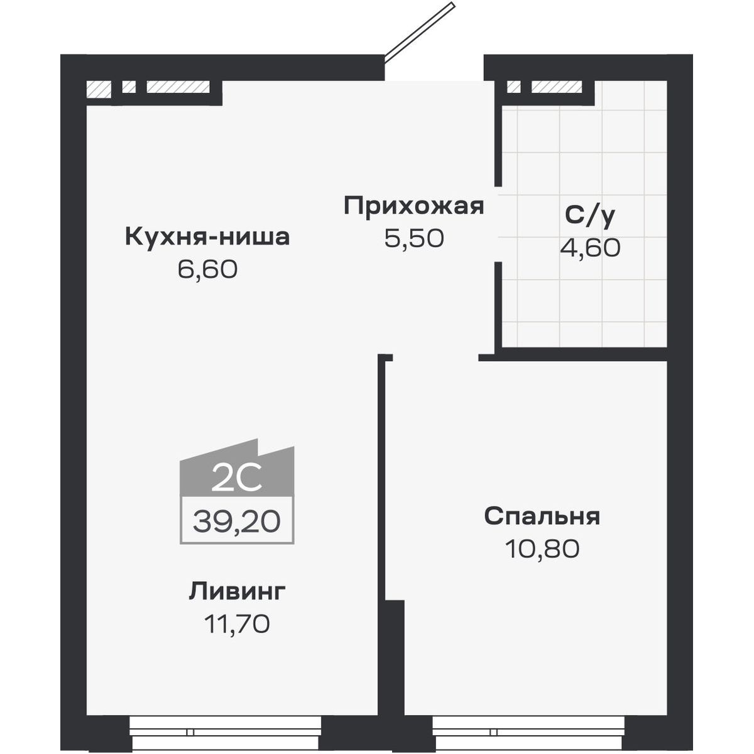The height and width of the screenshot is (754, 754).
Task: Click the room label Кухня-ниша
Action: coord(207,238)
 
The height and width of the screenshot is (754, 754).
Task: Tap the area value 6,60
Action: coord(207,270)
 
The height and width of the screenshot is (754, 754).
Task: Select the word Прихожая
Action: coord(414,206)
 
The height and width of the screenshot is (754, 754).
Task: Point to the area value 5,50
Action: coord(415,238)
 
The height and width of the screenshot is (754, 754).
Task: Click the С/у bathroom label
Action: coord(590,215)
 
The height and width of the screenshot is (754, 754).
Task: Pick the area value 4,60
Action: coord(590,248)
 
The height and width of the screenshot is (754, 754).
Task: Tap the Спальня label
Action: coord(542,516)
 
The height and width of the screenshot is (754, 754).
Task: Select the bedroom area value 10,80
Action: coord(542,549)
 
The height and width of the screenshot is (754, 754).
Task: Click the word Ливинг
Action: coord(237,591)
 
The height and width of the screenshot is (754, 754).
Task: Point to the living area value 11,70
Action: coord(237,624)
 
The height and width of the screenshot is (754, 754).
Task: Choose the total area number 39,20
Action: coord(236,521)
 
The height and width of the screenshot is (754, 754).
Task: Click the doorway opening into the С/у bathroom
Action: coord(499,224)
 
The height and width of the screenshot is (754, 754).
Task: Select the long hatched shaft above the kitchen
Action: coord(178,87)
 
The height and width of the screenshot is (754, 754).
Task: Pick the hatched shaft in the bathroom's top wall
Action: coord(557,87)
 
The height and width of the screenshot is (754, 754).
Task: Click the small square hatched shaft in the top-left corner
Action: coord(98,88)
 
